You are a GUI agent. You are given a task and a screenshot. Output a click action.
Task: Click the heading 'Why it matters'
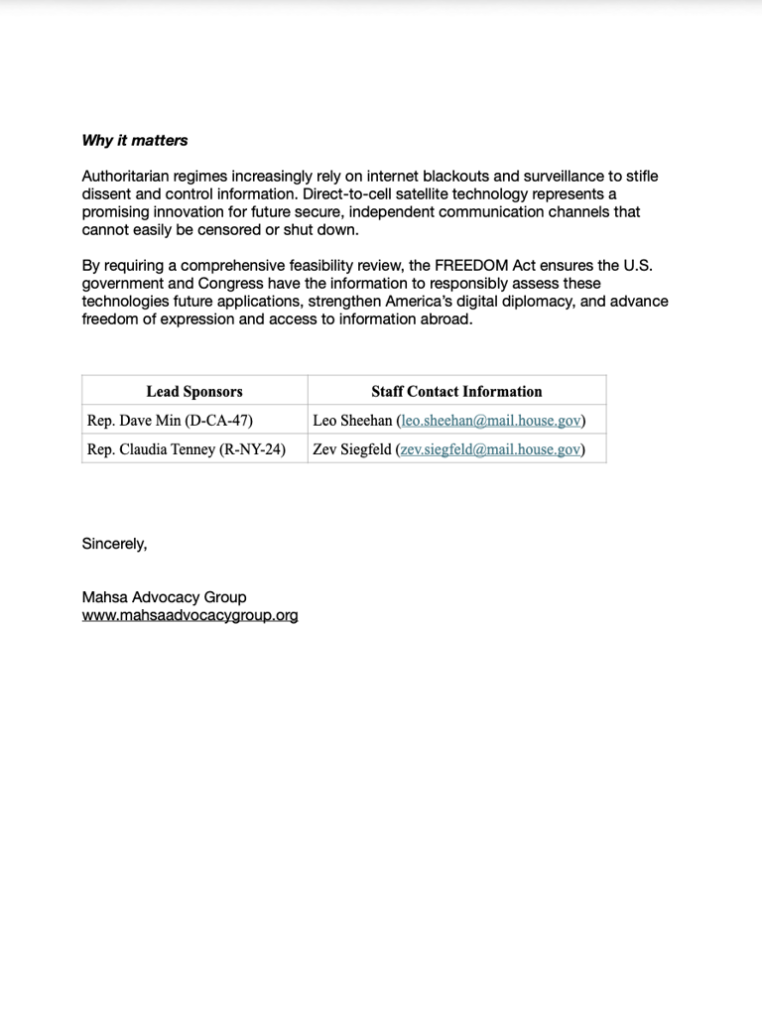tap(134, 141)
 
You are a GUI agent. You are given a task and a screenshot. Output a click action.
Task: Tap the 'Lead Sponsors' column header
tap(194, 391)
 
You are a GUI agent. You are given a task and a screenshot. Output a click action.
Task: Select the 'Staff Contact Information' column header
tap(456, 391)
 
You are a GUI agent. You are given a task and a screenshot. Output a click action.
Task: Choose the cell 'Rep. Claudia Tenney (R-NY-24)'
tap(186, 449)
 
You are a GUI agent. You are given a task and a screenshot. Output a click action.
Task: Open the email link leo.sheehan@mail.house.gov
tap(490, 421)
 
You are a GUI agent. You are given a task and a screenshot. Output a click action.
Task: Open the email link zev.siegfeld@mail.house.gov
tap(490, 449)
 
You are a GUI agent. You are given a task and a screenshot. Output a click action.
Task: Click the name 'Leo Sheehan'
tap(352, 421)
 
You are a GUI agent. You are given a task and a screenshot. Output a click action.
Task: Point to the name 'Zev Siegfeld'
tap(352, 449)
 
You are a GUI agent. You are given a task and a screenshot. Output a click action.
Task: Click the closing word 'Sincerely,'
tap(114, 544)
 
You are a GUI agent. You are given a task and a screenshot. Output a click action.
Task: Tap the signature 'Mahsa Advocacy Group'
tap(164, 597)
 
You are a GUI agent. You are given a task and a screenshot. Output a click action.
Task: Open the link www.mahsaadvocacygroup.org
tap(190, 615)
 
